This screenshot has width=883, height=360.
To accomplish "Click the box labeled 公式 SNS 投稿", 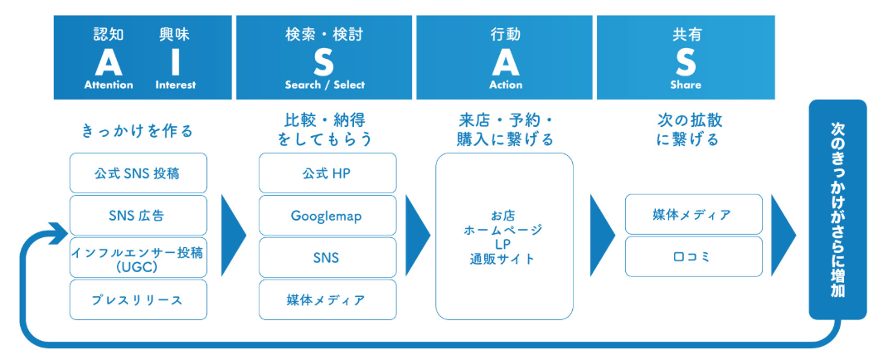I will coord(138,173).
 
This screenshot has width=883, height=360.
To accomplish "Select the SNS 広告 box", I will coord(138,216).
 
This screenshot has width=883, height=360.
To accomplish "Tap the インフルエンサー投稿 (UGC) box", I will coord(138,257).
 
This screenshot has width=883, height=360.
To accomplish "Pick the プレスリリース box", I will coord(138,299).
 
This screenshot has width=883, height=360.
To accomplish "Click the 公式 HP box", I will coord(327,173).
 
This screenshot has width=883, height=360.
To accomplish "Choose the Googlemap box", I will coord(327,216).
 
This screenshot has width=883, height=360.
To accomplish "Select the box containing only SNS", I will coord(327,257).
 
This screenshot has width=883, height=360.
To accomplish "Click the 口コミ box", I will coord(692,257).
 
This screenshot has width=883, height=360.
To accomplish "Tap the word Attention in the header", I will coord(109,85).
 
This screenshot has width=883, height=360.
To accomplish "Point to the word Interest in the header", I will coord(176,85).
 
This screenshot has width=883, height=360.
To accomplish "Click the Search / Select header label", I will coord(325,85).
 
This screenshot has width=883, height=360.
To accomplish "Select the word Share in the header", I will coord(686,85).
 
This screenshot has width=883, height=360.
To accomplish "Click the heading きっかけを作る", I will coord(138,130).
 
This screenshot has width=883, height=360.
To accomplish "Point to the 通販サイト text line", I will coord(503,259).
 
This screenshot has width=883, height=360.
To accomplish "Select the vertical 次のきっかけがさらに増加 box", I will coord(837,209).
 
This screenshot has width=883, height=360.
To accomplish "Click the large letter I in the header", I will coord(176,61).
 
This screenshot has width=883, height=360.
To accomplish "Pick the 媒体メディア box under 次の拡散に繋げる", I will coord(692,215).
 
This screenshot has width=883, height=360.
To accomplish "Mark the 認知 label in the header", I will coord(109,35).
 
